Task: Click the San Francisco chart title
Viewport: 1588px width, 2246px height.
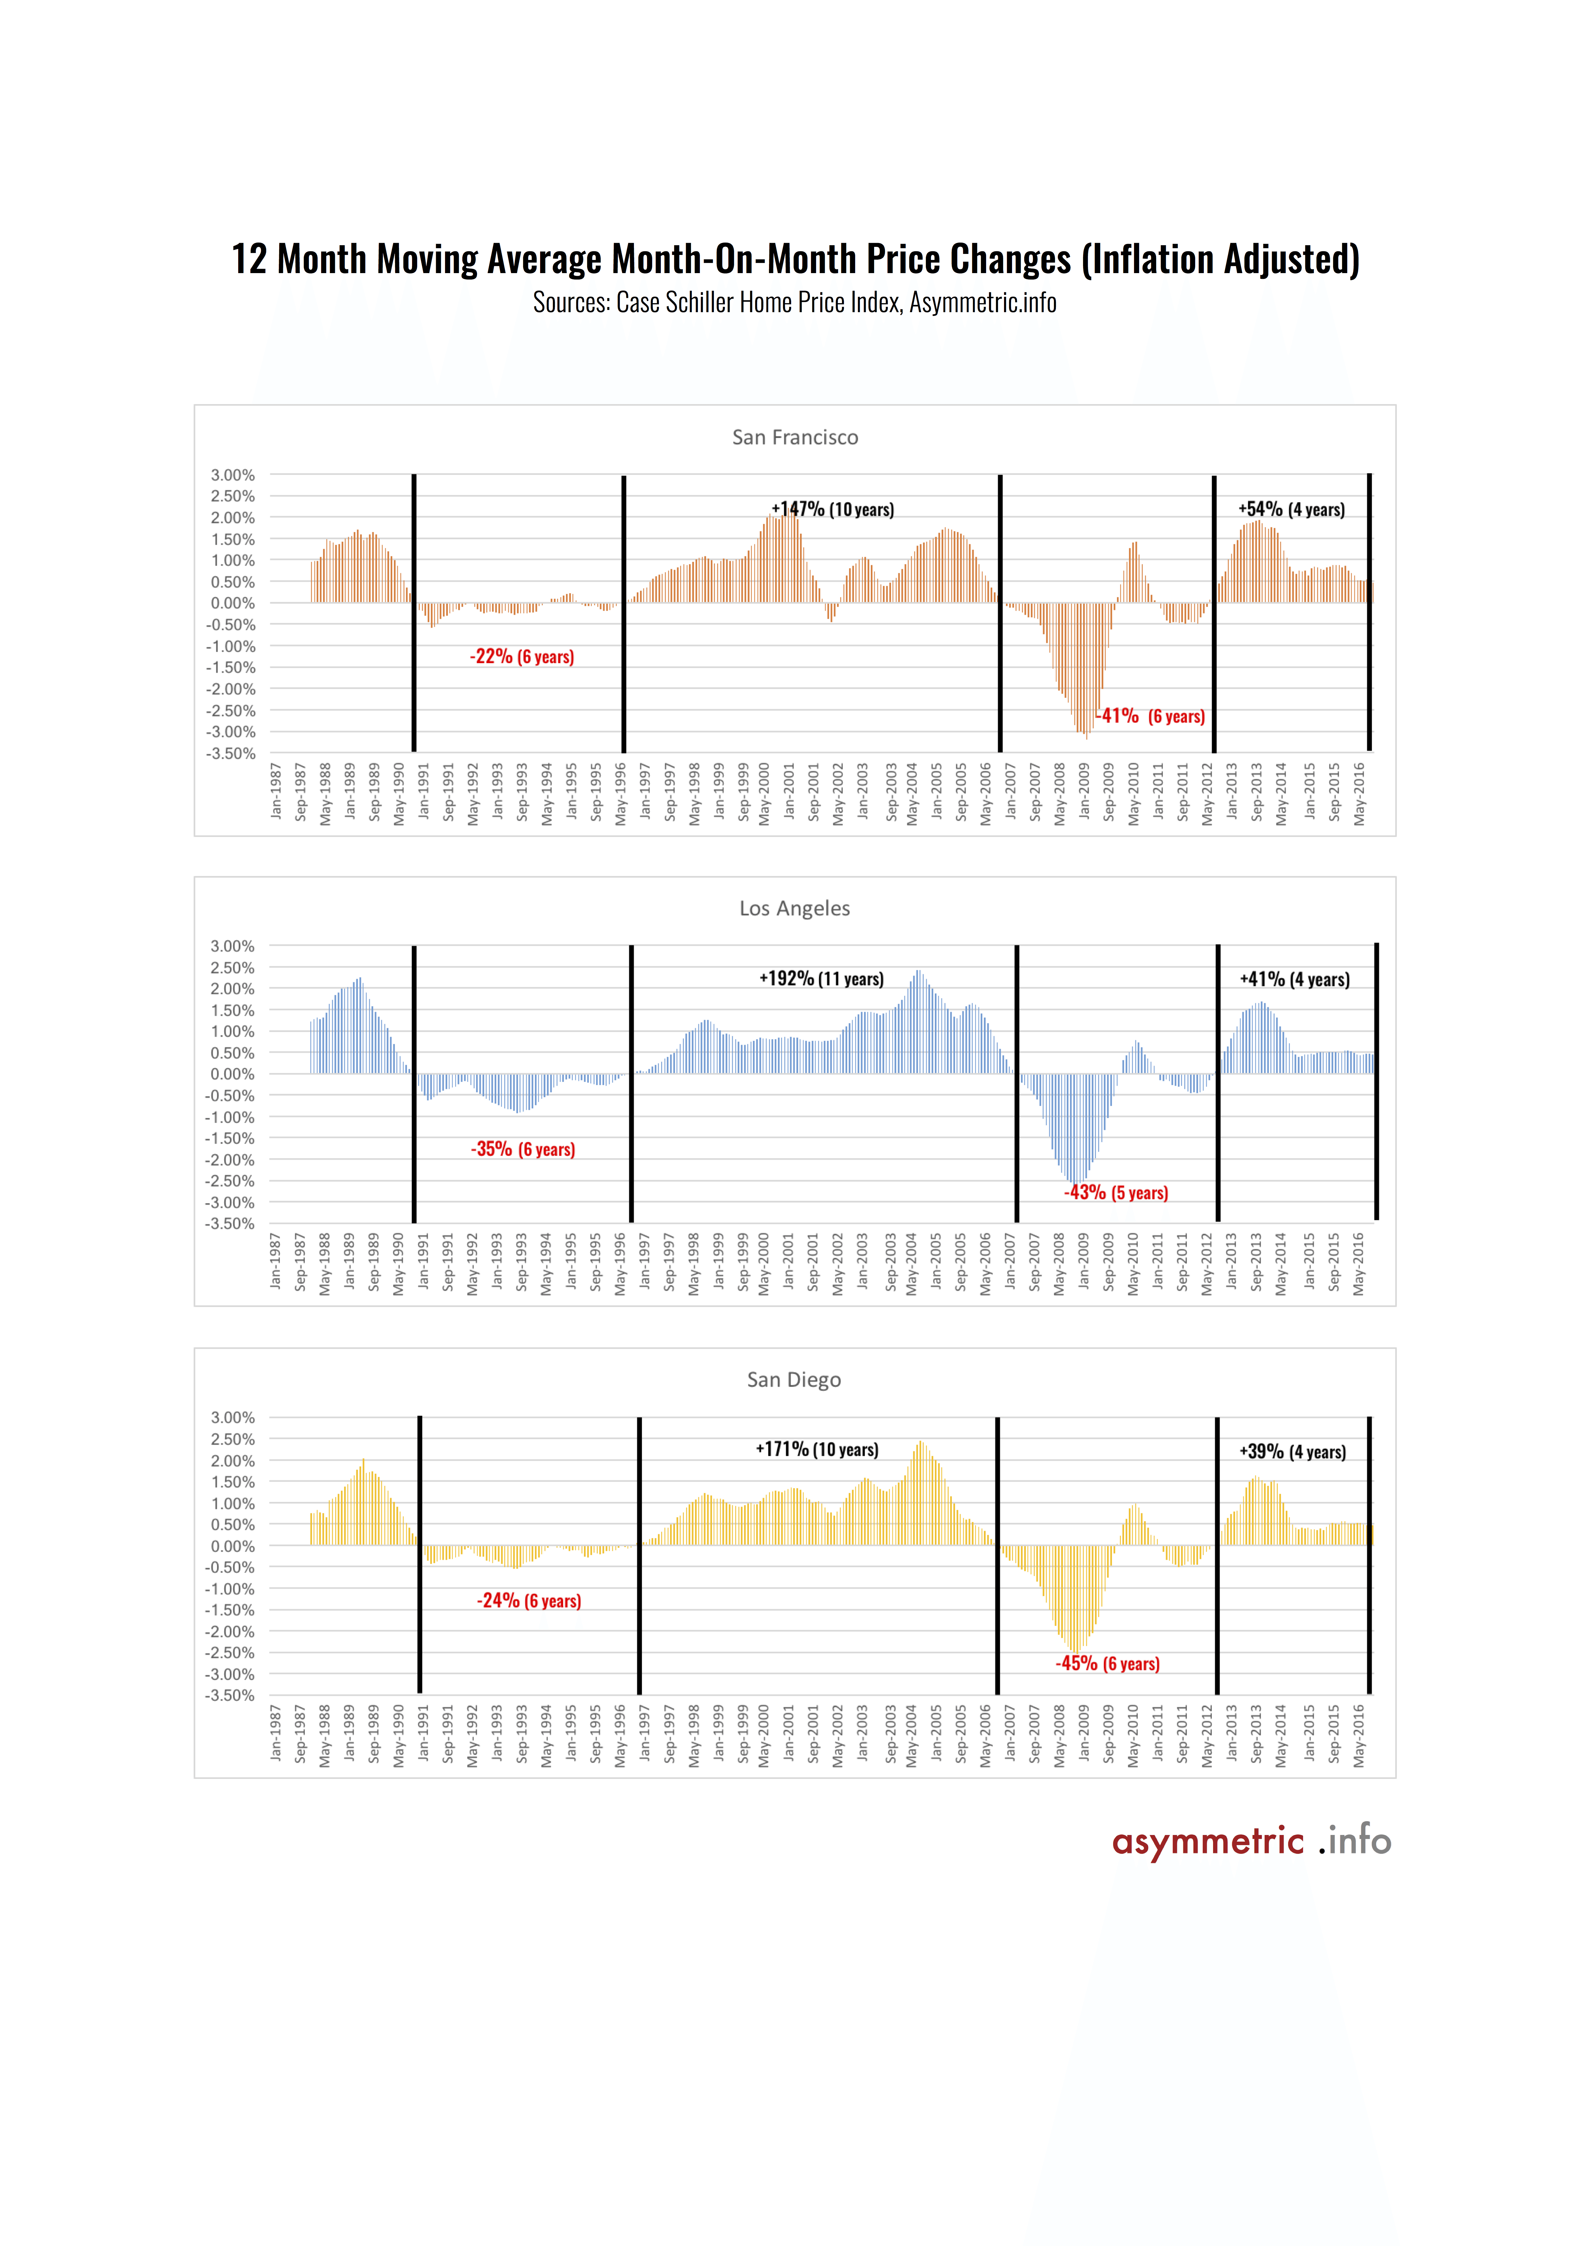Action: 795,437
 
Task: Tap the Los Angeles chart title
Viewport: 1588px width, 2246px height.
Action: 795,909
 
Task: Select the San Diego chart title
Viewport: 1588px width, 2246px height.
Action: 793,1380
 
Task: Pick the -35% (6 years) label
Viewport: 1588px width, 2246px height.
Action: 523,1149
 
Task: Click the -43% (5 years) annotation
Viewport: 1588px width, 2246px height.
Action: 1116,1192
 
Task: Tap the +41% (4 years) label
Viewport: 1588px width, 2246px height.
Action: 1294,979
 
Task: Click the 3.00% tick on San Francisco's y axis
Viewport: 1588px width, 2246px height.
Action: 233,475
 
